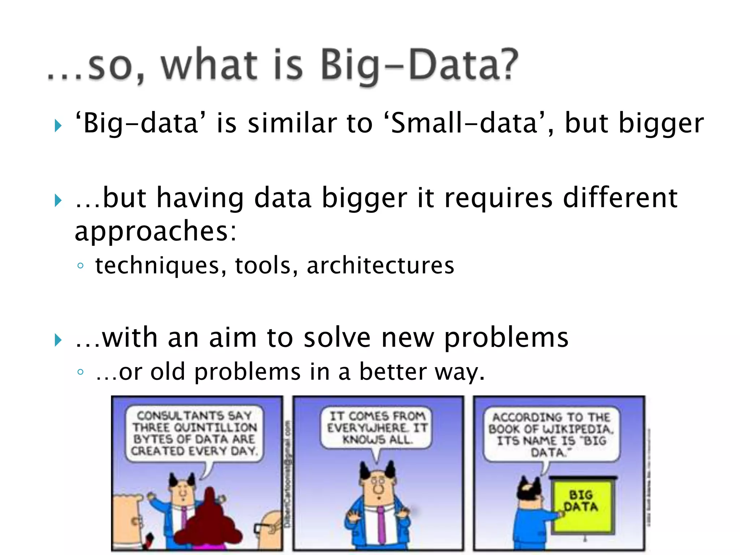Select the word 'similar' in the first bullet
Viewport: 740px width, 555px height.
click(292, 123)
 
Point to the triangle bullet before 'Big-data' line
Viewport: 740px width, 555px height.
click(58, 126)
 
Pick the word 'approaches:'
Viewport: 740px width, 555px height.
click(155, 231)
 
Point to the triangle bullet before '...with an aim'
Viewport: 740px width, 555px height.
click(58, 340)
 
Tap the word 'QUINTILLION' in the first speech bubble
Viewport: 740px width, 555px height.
click(215, 427)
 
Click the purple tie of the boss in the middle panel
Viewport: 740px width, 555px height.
click(380, 524)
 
